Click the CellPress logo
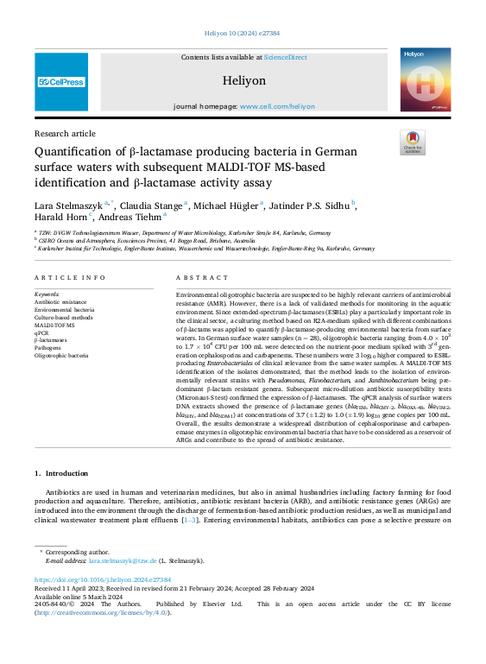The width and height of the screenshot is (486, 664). click(61, 82)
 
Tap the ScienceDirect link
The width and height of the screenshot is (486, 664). click(286, 57)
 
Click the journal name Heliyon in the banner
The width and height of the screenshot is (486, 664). click(243, 79)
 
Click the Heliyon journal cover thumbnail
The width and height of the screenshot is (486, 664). click(426, 79)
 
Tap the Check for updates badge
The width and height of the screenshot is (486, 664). click(413, 142)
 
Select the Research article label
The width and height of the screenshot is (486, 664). click(65, 134)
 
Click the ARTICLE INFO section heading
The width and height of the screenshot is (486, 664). click(69, 277)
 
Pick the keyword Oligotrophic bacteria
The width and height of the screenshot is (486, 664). click(61, 355)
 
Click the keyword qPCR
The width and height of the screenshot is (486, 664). click(41, 332)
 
